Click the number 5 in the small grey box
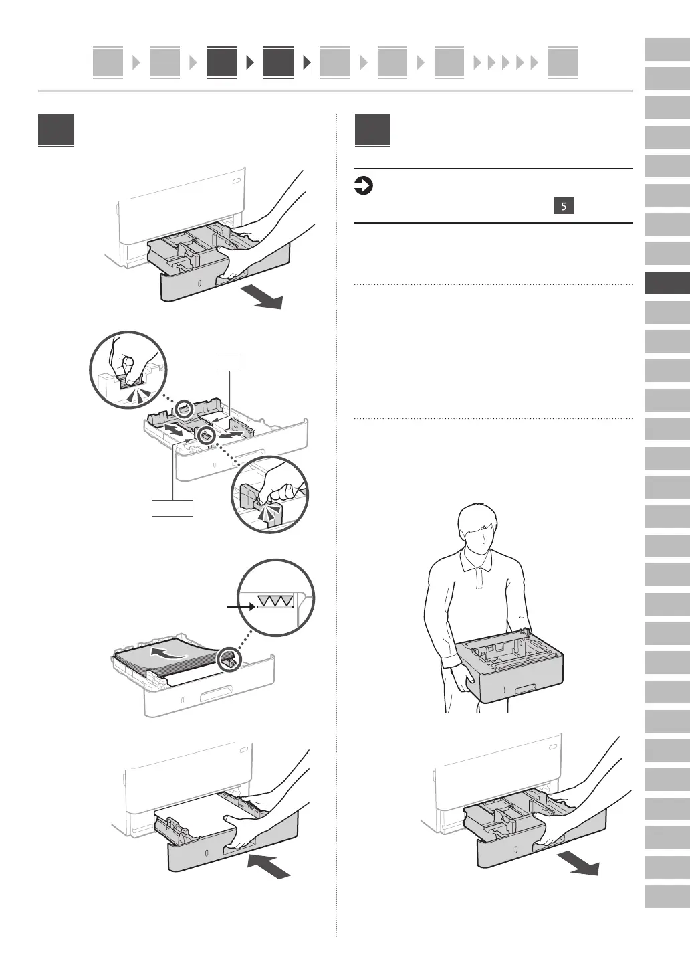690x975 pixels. tap(564, 207)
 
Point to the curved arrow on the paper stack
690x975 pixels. tap(167, 652)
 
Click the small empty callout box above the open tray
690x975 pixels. tap(229, 363)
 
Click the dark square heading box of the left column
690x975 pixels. tap(56, 130)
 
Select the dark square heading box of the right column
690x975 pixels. tap(372, 130)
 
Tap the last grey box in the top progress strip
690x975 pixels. tap(562, 63)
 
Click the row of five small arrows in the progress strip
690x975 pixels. tap(506, 63)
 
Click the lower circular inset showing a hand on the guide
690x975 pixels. tap(270, 495)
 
